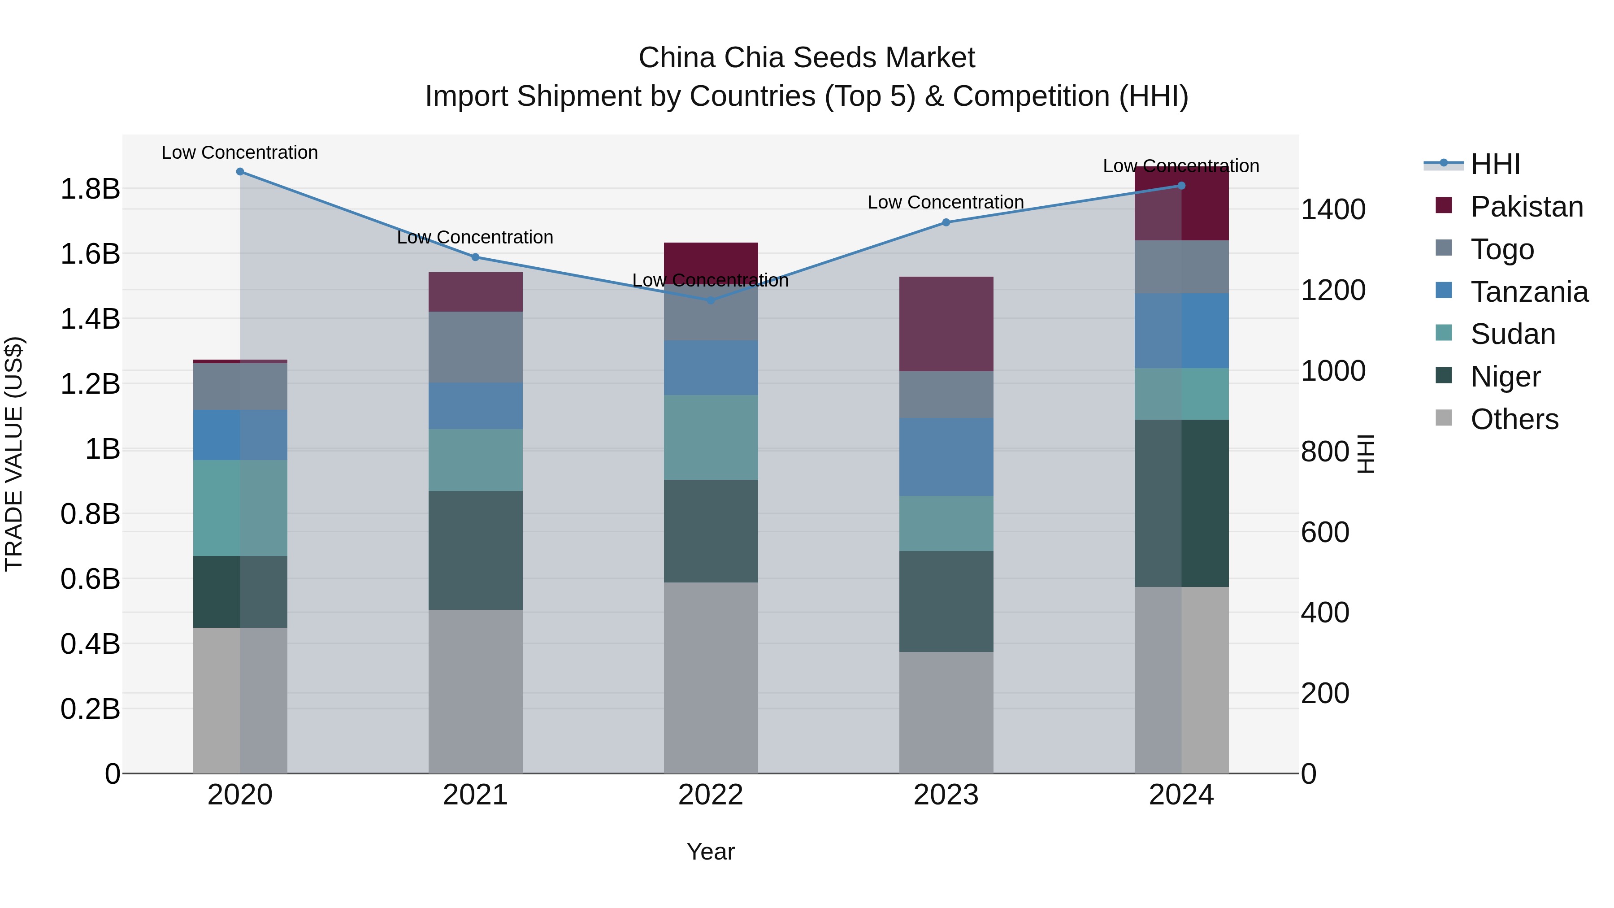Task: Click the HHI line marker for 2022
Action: (711, 300)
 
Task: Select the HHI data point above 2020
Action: (240, 172)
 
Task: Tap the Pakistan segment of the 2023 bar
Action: (946, 324)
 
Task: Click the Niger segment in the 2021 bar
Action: (476, 550)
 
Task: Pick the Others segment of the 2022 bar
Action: (711, 678)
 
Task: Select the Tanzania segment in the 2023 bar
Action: (946, 457)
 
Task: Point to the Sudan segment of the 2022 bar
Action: (711, 437)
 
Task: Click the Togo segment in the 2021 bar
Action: (476, 347)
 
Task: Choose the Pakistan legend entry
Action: (1526, 207)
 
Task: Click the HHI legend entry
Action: (1495, 164)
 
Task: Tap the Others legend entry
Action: (1514, 419)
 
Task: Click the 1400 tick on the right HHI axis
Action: (1333, 209)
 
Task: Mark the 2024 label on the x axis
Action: (1181, 795)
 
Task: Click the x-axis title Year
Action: (711, 852)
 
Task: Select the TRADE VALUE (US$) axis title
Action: (14, 454)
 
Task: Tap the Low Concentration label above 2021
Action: (475, 238)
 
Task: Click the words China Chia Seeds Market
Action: (807, 58)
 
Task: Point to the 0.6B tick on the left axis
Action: (90, 579)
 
